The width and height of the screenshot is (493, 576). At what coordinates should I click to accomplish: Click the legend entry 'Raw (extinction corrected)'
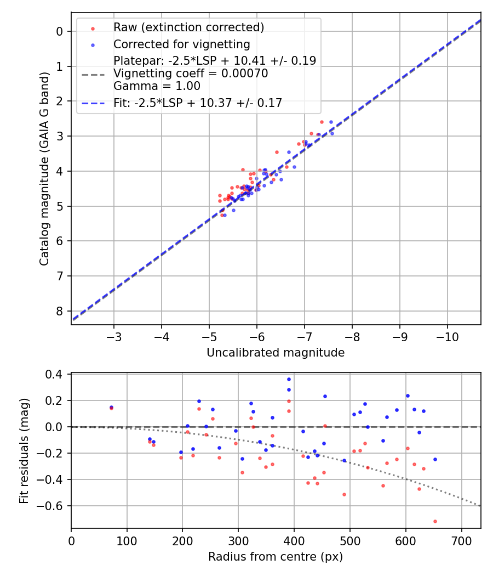pos(188,27)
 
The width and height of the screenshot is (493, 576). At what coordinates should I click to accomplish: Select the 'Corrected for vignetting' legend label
pos(181,44)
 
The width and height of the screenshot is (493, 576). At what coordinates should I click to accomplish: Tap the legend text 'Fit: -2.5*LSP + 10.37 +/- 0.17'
pos(198,103)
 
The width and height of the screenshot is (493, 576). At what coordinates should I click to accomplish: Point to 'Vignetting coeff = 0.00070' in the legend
pos(191,74)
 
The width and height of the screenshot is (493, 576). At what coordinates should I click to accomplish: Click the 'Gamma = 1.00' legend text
pos(157,86)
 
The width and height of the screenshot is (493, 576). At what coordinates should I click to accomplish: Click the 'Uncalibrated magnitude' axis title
pos(276,353)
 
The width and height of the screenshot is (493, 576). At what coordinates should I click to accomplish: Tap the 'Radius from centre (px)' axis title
pos(276,557)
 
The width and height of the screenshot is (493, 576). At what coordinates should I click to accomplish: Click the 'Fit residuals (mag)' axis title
pos(24,451)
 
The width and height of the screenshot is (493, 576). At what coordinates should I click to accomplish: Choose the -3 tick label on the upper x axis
pos(114,335)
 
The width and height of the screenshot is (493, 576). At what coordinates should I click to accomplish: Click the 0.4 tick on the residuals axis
pos(58,374)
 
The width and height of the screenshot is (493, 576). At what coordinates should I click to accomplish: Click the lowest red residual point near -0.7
pos(435,521)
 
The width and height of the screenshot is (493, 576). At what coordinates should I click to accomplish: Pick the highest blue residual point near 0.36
pos(289,379)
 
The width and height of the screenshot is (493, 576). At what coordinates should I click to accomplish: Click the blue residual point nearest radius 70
pos(111,407)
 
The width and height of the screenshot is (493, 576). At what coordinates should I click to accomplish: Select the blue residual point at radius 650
pos(435,459)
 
